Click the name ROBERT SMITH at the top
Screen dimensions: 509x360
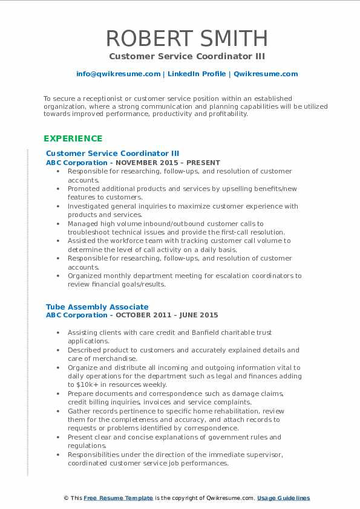tap(186, 39)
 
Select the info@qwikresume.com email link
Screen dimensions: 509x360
tap(118, 74)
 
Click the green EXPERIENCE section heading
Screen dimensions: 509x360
tap(73, 138)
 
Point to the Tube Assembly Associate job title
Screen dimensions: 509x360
tap(97, 307)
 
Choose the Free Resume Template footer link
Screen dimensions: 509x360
tap(119, 498)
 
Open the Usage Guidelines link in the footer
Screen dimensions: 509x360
tap(283, 498)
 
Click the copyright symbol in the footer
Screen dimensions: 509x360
tap(66, 498)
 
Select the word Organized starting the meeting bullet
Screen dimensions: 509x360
tap(85, 276)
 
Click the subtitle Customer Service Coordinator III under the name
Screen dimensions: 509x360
tap(186, 56)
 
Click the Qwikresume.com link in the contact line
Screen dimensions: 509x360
tap(266, 74)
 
